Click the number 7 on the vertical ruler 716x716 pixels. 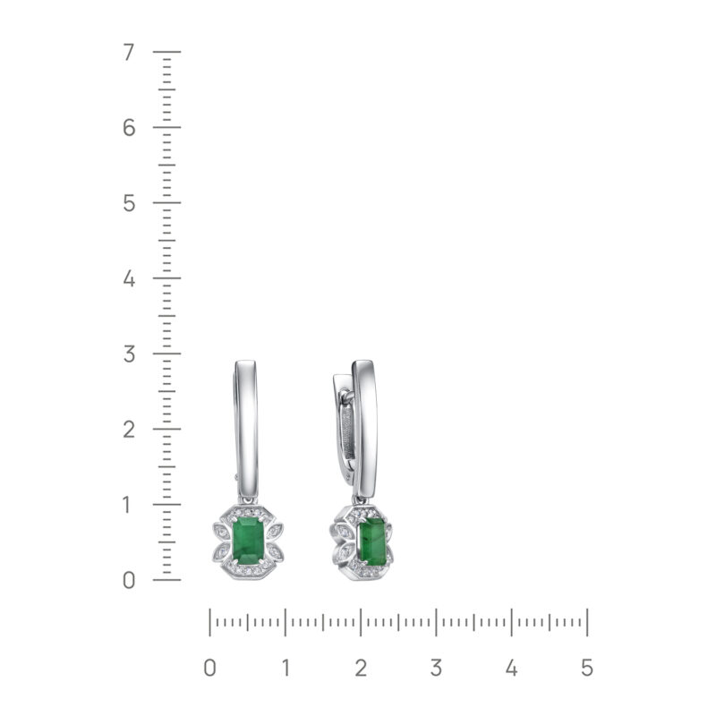pos(129,53)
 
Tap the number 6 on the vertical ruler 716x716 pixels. pos(129,128)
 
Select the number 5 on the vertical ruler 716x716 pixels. pos(129,203)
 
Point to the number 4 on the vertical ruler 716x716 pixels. pos(129,278)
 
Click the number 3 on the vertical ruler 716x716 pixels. pos(129,354)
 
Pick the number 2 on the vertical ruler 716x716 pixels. pos(129,430)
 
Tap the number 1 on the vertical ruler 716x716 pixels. pos(127,505)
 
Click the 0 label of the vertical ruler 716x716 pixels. pos(129,580)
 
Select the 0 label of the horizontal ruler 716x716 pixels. pos(210,668)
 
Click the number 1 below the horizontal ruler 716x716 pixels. pos(286,668)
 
